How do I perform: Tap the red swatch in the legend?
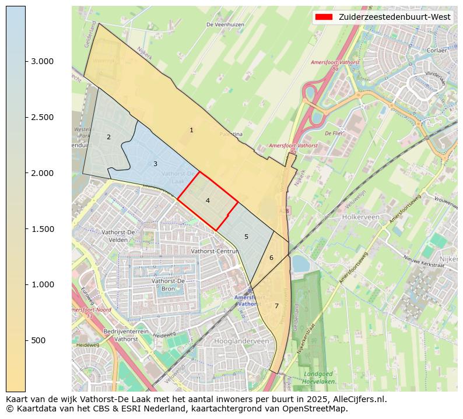click(324, 17)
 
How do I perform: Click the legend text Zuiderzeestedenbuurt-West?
click(395, 17)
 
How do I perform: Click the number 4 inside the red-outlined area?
click(208, 200)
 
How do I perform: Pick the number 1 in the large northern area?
click(191, 130)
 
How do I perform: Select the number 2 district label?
click(108, 137)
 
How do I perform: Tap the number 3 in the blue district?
click(155, 164)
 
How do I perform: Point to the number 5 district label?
click(246, 237)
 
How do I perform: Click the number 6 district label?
click(271, 258)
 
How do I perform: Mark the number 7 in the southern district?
click(276, 306)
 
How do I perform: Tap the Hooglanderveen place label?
click(241, 341)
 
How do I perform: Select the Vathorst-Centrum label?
click(215, 251)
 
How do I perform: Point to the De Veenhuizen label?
click(225, 24)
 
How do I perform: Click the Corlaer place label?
click(436, 51)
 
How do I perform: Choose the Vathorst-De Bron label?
click(168, 284)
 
